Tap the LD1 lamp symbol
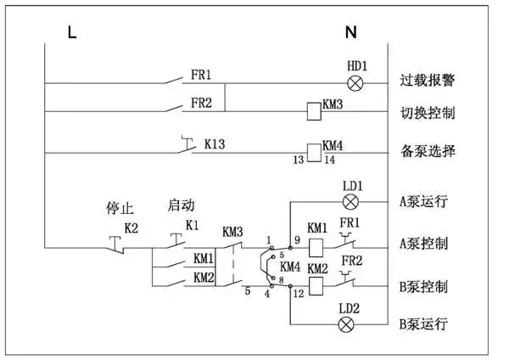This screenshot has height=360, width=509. click(x=350, y=201)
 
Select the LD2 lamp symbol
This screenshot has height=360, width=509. click(x=346, y=324)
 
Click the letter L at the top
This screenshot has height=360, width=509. click(x=72, y=33)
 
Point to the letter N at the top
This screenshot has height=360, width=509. click(x=351, y=33)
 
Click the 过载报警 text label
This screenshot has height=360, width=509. click(x=428, y=82)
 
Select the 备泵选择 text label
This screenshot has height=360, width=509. click(x=428, y=152)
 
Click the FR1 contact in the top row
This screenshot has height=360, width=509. click(x=176, y=82)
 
